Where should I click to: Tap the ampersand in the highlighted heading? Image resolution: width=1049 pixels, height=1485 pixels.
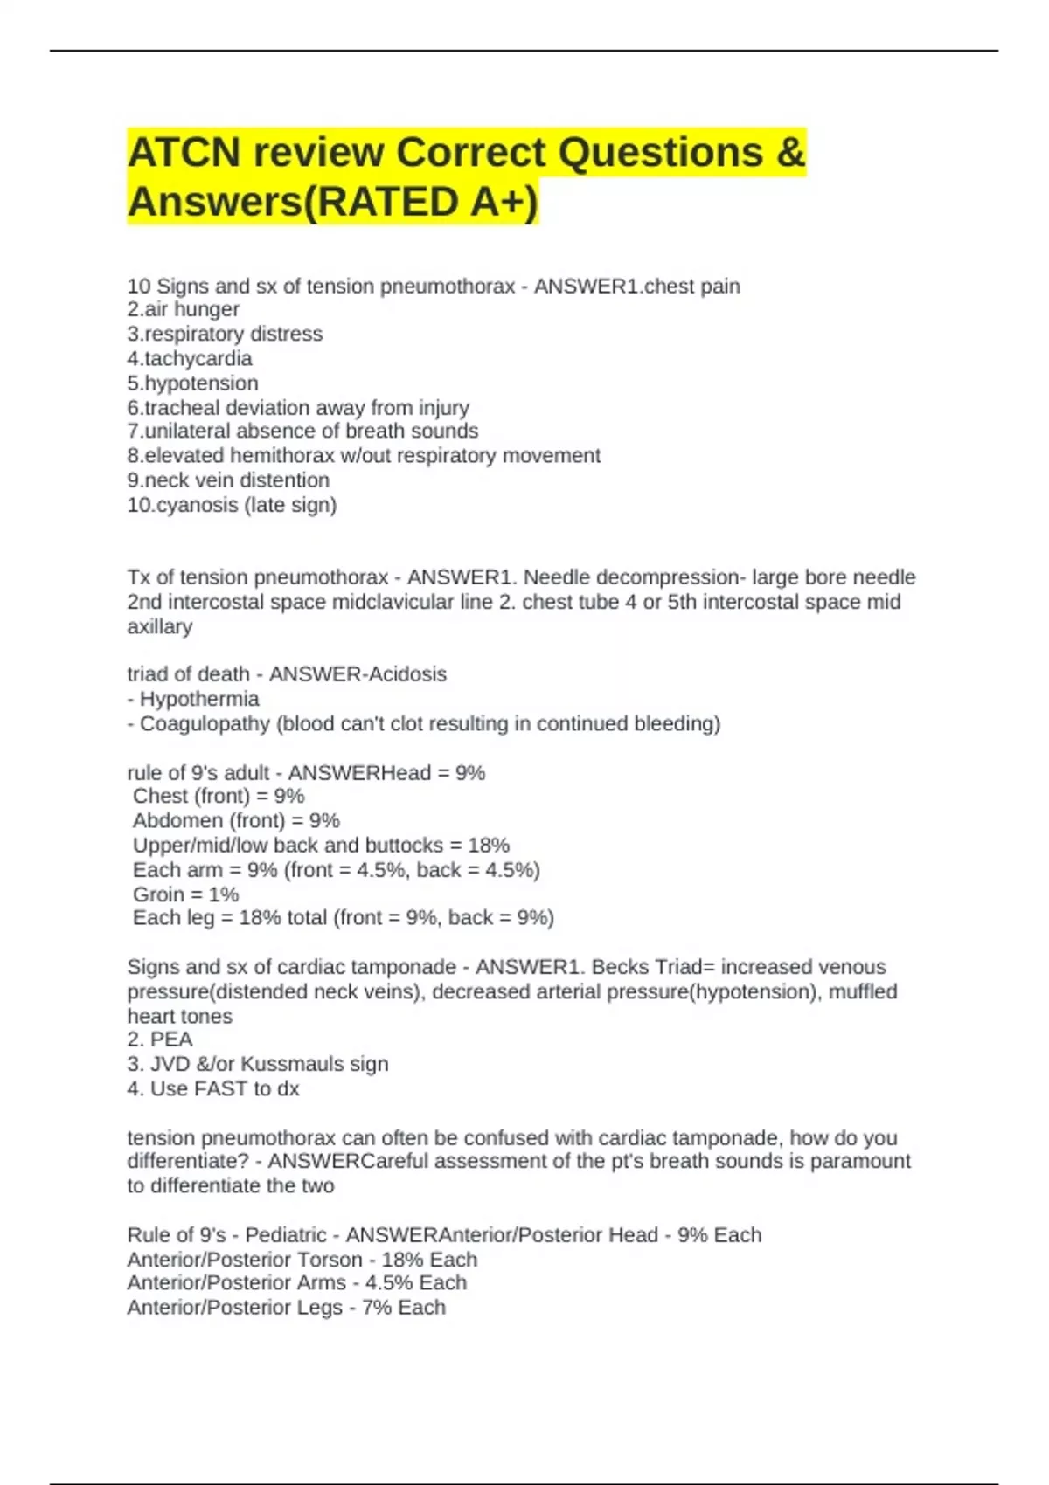[789, 153]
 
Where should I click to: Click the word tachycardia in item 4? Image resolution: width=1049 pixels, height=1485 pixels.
[198, 358]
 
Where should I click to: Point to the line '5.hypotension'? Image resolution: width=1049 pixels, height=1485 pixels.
[192, 383]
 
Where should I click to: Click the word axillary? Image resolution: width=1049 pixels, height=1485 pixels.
[159, 626]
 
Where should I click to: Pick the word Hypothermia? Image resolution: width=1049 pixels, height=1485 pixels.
[199, 699]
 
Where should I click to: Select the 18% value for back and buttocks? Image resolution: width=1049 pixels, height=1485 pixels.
[489, 845]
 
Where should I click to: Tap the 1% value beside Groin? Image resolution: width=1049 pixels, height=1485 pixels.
[224, 894]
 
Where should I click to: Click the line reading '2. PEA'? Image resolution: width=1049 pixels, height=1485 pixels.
[160, 1039]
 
